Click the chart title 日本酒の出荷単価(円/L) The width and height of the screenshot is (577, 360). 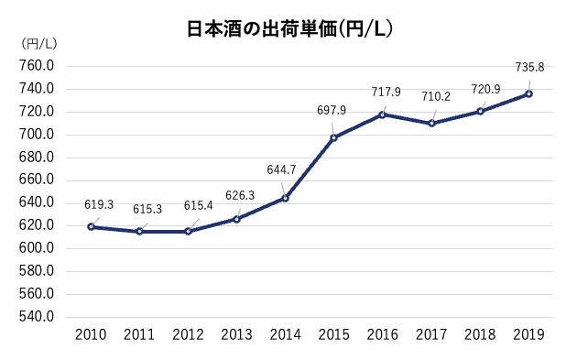tap(289, 28)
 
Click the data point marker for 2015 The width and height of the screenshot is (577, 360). tap(333, 137)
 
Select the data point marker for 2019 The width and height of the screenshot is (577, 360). tap(528, 93)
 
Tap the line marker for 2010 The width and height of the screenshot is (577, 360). tap(91, 226)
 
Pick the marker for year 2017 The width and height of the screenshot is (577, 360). tap(431, 123)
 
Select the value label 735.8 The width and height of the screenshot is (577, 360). tap(529, 67)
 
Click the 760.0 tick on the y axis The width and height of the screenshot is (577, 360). tap(37, 66)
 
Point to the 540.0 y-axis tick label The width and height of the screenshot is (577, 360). tap(37, 317)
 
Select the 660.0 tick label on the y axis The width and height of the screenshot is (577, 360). tap(37, 180)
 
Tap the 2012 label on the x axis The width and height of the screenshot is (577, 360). tap(188, 336)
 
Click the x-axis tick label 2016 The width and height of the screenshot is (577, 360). tap(383, 336)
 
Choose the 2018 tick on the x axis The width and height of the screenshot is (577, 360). tap(480, 336)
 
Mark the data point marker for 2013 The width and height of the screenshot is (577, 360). tap(236, 219)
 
